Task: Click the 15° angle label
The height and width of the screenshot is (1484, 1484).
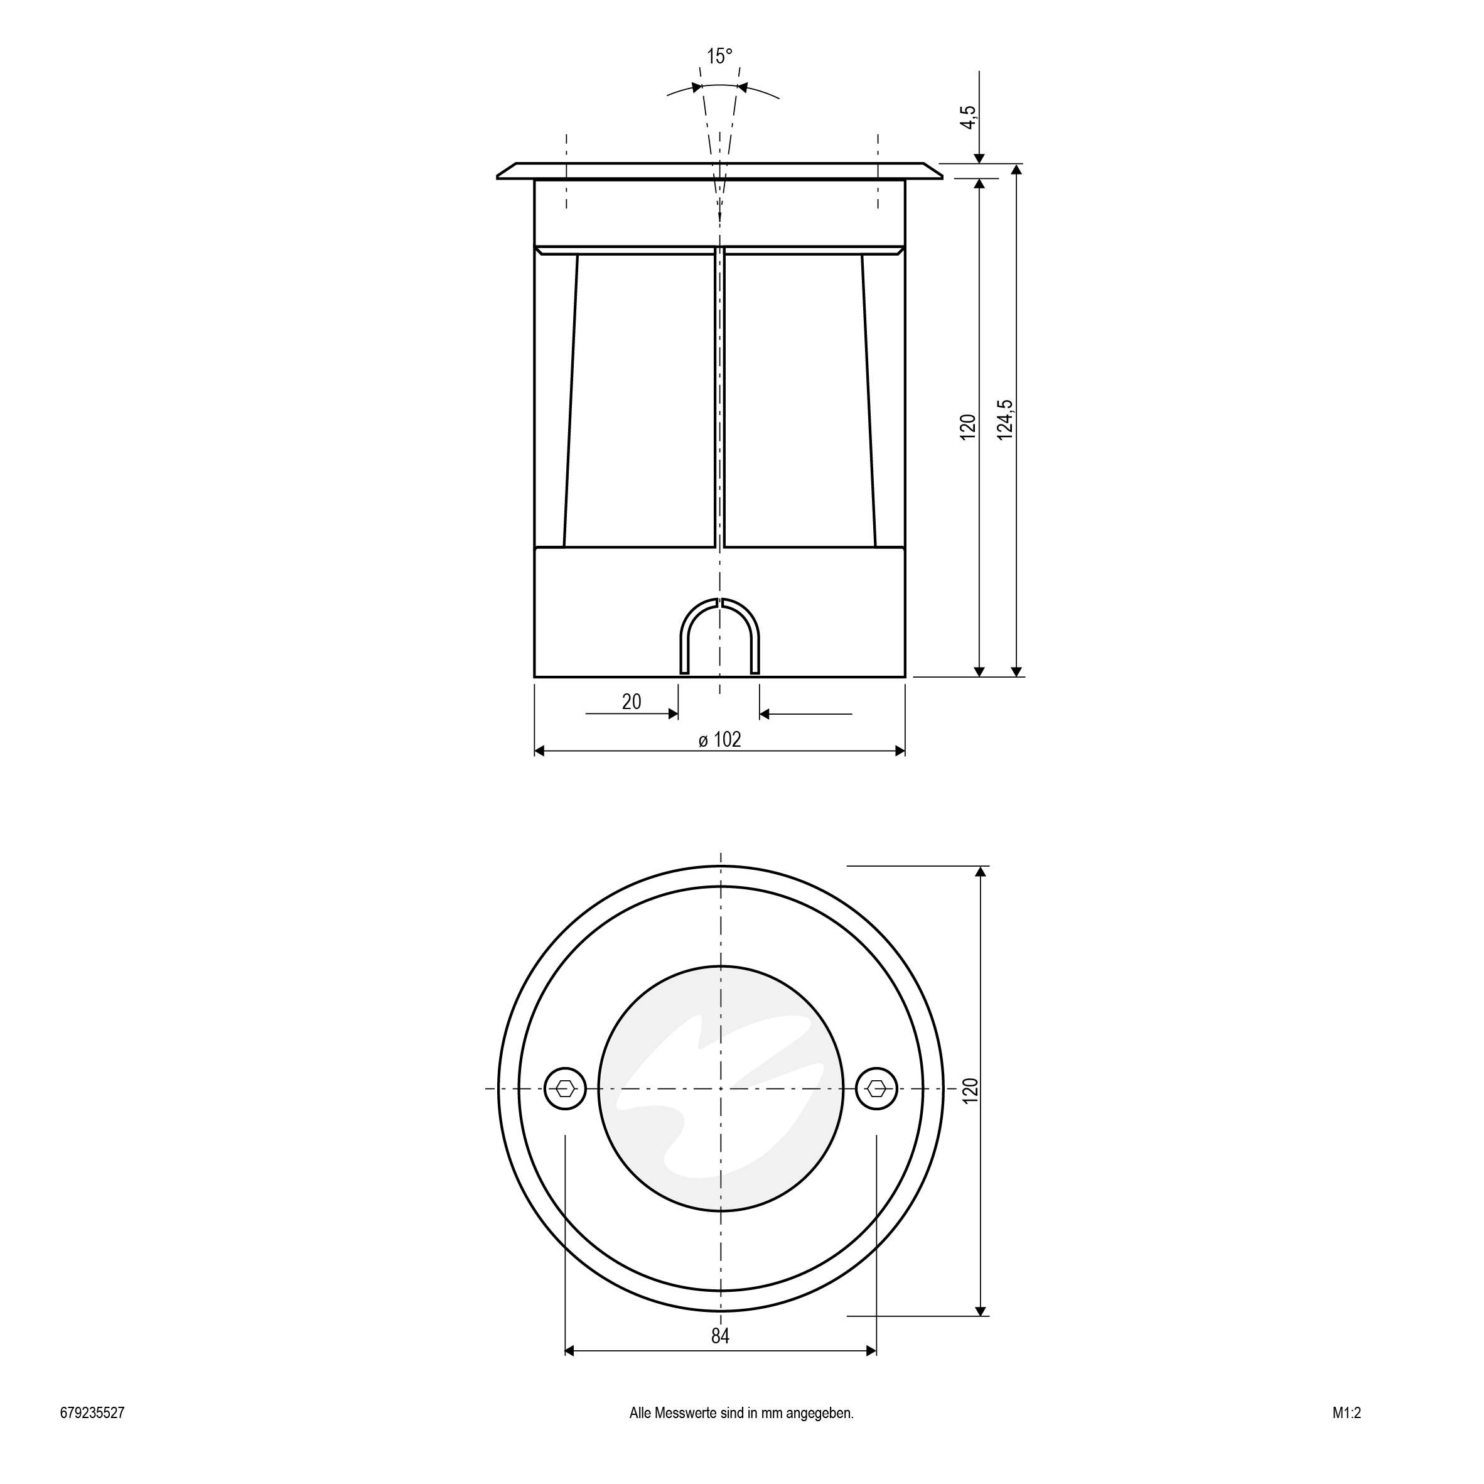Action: pos(720,56)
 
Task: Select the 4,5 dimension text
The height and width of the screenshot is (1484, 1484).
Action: pos(969,117)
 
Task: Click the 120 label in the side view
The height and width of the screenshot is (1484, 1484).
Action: pos(968,426)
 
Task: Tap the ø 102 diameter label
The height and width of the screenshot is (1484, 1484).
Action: pos(720,739)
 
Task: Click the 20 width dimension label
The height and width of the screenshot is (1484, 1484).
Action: pos(632,701)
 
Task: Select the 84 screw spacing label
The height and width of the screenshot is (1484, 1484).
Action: pos(720,1336)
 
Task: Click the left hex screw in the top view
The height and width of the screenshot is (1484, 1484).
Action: pos(566,1088)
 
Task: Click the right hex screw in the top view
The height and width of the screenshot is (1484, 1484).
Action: pos(876,1088)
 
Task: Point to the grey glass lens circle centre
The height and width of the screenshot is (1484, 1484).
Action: pos(721,1088)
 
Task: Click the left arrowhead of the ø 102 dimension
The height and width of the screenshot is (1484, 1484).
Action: pos(539,751)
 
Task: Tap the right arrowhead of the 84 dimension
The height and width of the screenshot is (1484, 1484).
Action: pos(871,1351)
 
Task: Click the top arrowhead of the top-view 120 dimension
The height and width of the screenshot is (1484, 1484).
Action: pos(979,872)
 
